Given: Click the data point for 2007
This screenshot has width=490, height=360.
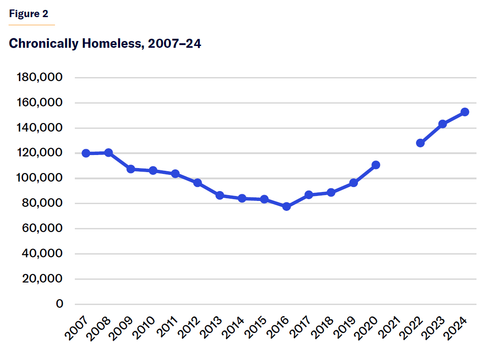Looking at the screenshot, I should click(86, 153).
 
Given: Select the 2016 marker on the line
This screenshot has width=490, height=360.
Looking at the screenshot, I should click(286, 206).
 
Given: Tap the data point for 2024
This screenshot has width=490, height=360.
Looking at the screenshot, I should click(465, 112).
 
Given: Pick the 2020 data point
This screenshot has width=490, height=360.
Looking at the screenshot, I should click(376, 165).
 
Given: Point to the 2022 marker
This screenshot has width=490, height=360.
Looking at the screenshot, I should click(420, 143).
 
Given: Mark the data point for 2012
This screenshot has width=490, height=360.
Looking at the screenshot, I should click(197, 183).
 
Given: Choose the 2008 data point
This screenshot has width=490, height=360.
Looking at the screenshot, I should click(109, 153).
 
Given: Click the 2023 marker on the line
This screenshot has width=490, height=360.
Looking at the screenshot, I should click(442, 124).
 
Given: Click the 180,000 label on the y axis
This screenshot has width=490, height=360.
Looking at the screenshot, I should click(40, 77).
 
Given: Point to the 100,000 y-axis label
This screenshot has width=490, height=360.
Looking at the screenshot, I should click(40, 178).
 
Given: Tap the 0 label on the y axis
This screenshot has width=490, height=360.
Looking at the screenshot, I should click(59, 304).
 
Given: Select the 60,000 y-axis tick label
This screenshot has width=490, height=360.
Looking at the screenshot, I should click(42, 228).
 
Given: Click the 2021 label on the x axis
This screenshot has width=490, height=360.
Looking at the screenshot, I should click(390, 328).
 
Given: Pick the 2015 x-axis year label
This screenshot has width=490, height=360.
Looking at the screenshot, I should click(256, 328).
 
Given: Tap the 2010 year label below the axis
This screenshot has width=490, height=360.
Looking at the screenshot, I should click(145, 328).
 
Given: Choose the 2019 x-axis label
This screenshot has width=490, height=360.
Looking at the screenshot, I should click(346, 328).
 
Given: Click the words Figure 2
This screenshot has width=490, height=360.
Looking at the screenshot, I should click(28, 14).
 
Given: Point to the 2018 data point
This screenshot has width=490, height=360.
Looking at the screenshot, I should click(331, 192).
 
